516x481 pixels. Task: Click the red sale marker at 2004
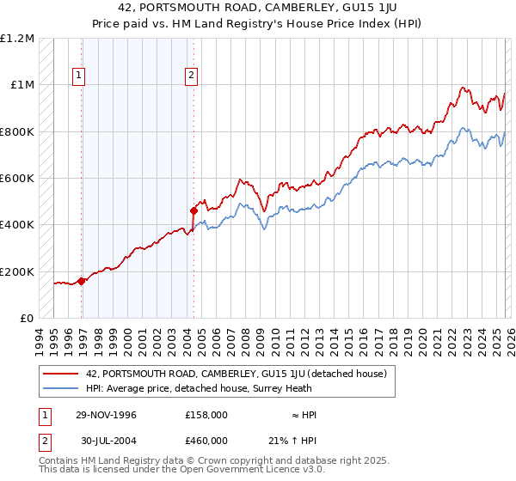point(194,210)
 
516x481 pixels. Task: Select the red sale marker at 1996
point(82,281)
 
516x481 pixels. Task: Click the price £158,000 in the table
point(206,415)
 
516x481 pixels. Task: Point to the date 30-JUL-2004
point(106,440)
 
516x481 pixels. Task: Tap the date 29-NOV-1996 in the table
point(106,415)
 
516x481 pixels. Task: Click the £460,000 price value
point(206,440)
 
